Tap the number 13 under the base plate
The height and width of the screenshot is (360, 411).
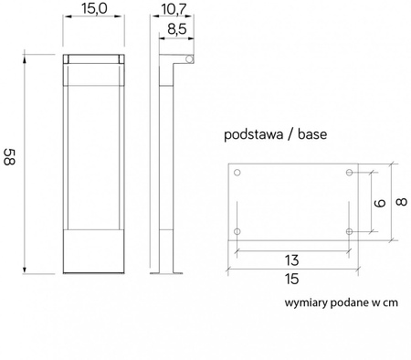[292, 259]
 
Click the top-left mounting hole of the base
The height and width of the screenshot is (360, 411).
[237, 173]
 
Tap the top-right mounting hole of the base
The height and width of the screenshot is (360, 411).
[350, 173]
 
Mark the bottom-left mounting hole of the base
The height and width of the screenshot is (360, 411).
[237, 232]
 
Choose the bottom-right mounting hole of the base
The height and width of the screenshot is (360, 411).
[350, 232]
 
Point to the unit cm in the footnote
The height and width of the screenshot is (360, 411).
[388, 302]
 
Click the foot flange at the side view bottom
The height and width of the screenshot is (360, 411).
[172, 271]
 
